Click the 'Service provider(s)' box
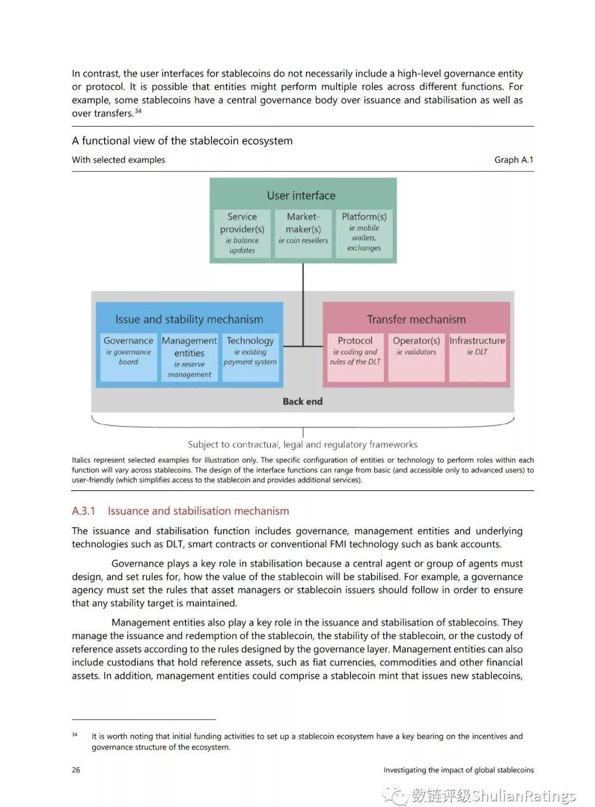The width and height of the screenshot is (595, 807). (242, 233)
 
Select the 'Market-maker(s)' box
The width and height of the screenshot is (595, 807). (303, 233)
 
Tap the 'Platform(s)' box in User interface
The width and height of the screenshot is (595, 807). (364, 233)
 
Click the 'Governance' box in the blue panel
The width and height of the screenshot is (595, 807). (128, 356)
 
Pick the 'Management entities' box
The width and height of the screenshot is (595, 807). (190, 357)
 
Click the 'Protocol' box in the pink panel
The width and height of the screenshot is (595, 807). (355, 357)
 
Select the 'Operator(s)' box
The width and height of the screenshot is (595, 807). (416, 357)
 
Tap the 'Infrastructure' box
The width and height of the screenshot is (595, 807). (477, 357)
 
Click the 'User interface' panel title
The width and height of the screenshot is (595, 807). (301, 195)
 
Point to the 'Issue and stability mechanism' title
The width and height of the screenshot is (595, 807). (189, 319)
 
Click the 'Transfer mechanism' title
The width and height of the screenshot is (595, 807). (416, 319)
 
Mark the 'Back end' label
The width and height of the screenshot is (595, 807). (302, 401)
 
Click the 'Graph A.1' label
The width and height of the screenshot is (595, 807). (513, 160)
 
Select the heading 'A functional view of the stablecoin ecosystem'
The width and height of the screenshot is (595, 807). (182, 140)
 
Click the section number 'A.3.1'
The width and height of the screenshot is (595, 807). (83, 511)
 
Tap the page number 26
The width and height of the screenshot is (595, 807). (76, 770)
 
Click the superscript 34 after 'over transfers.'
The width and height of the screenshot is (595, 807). (138, 111)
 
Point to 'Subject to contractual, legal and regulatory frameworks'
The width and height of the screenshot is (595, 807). (302, 444)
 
